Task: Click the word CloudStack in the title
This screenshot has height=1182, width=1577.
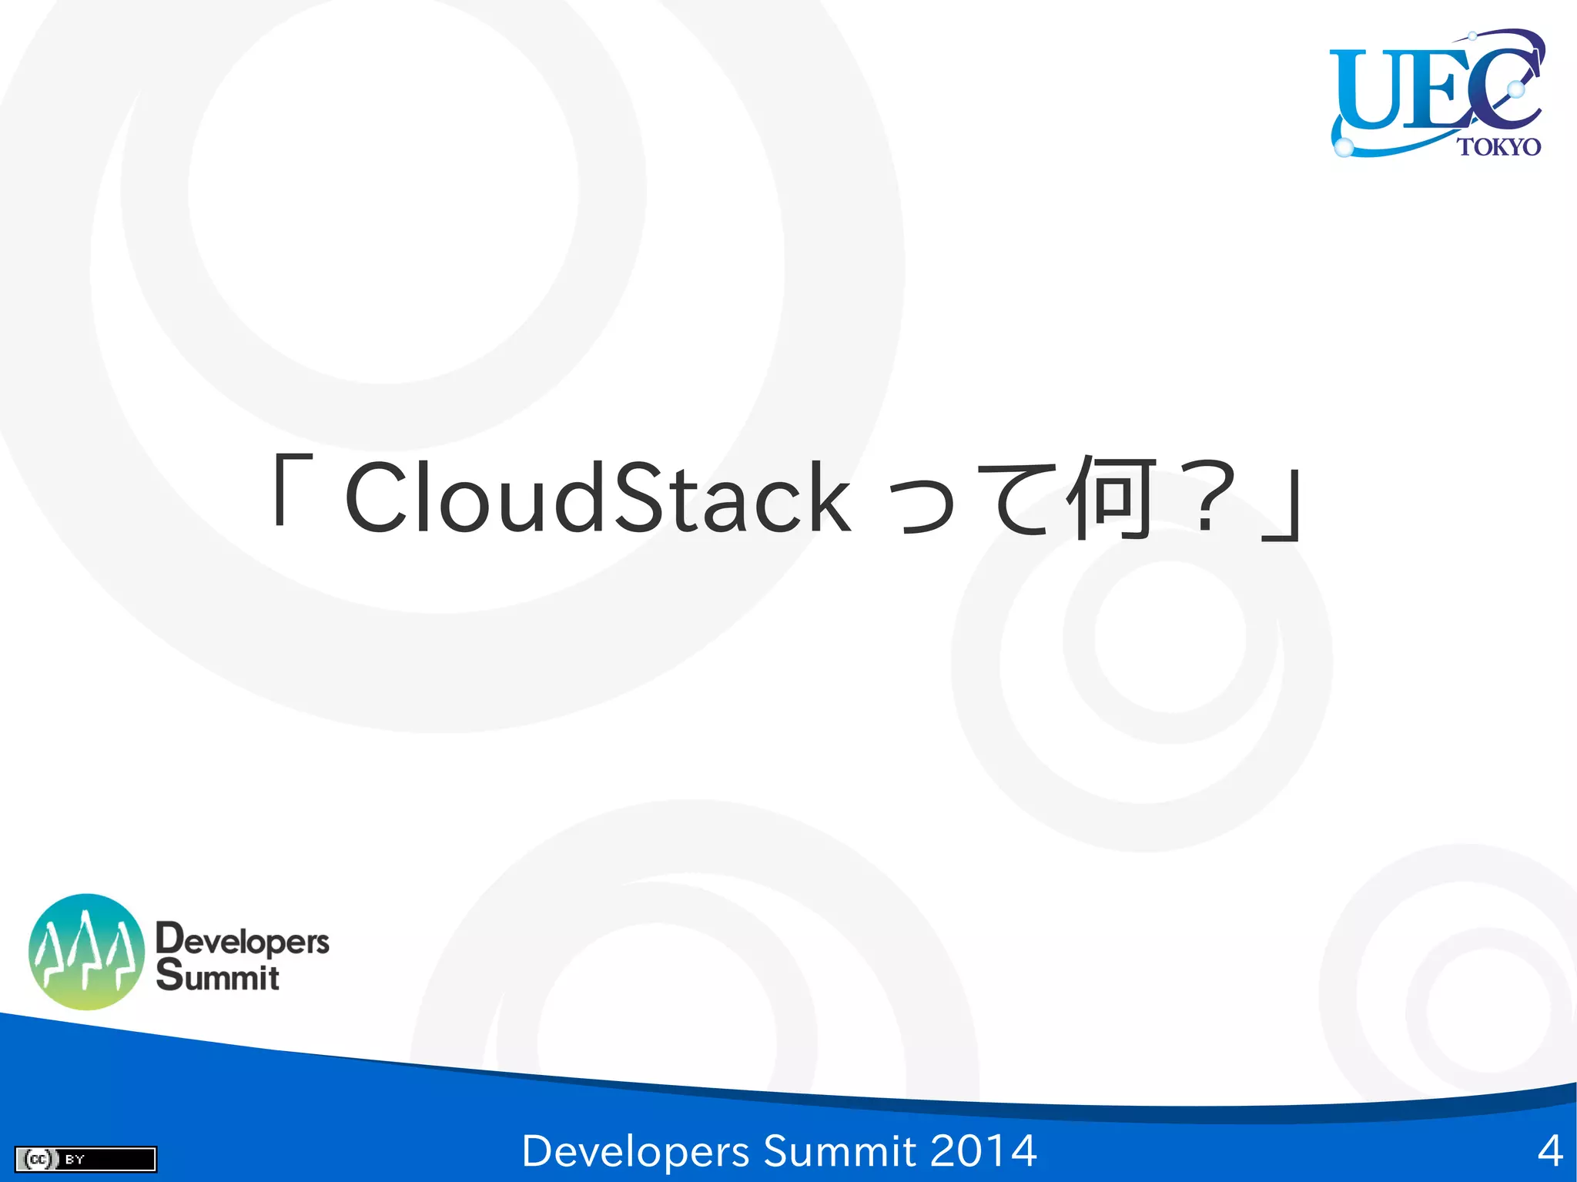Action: pyautogui.click(x=598, y=498)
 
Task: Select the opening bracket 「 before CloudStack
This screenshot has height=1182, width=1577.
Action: pyautogui.click(x=292, y=490)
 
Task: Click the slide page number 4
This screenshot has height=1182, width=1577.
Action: pyautogui.click(x=1549, y=1151)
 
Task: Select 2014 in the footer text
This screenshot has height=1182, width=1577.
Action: pyautogui.click(x=983, y=1151)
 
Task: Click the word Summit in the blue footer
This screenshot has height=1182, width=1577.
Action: pyautogui.click(x=839, y=1151)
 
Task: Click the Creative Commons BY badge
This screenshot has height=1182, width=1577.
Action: pyautogui.click(x=85, y=1159)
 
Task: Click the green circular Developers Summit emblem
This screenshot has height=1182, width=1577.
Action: pyautogui.click(x=86, y=952)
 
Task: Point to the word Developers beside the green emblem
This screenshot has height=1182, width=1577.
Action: pyautogui.click(x=243, y=939)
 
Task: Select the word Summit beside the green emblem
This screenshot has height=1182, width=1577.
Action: pyautogui.click(x=218, y=976)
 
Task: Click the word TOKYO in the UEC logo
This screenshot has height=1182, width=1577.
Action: pyautogui.click(x=1498, y=146)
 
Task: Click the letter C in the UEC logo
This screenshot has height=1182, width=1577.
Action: pyautogui.click(x=1502, y=85)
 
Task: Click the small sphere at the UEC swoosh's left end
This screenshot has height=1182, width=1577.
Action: pyautogui.click(x=1343, y=147)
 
